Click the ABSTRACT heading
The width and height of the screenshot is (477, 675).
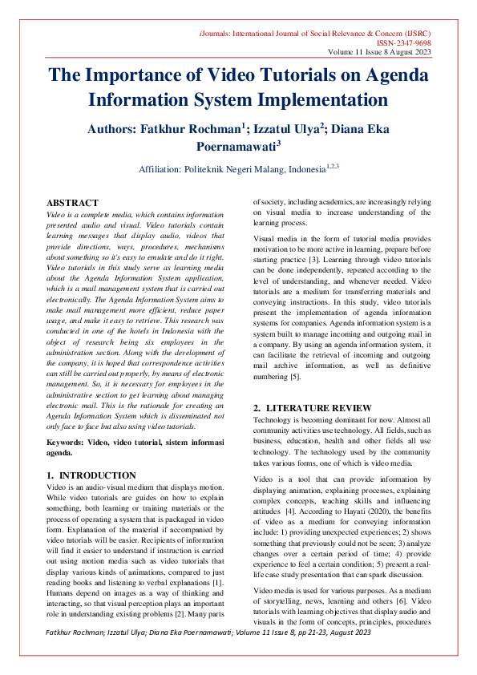tap(72, 204)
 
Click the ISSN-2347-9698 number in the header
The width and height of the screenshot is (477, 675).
tap(403, 42)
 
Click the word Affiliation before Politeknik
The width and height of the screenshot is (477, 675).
tap(166, 170)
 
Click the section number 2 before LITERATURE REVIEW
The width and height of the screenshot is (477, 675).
tap(257, 408)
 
